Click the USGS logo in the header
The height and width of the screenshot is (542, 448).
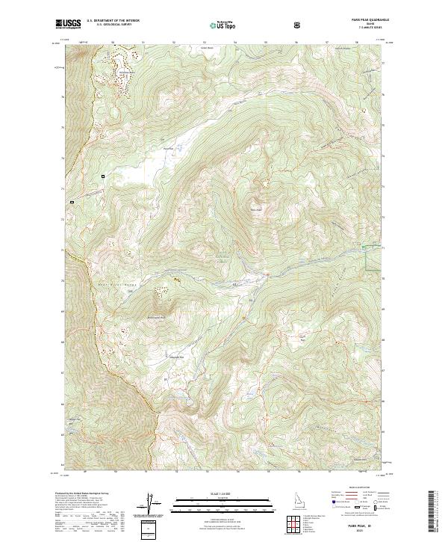[x=69, y=24]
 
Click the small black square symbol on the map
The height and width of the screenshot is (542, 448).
[x=103, y=176]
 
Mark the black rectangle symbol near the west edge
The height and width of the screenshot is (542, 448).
[x=72, y=202]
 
